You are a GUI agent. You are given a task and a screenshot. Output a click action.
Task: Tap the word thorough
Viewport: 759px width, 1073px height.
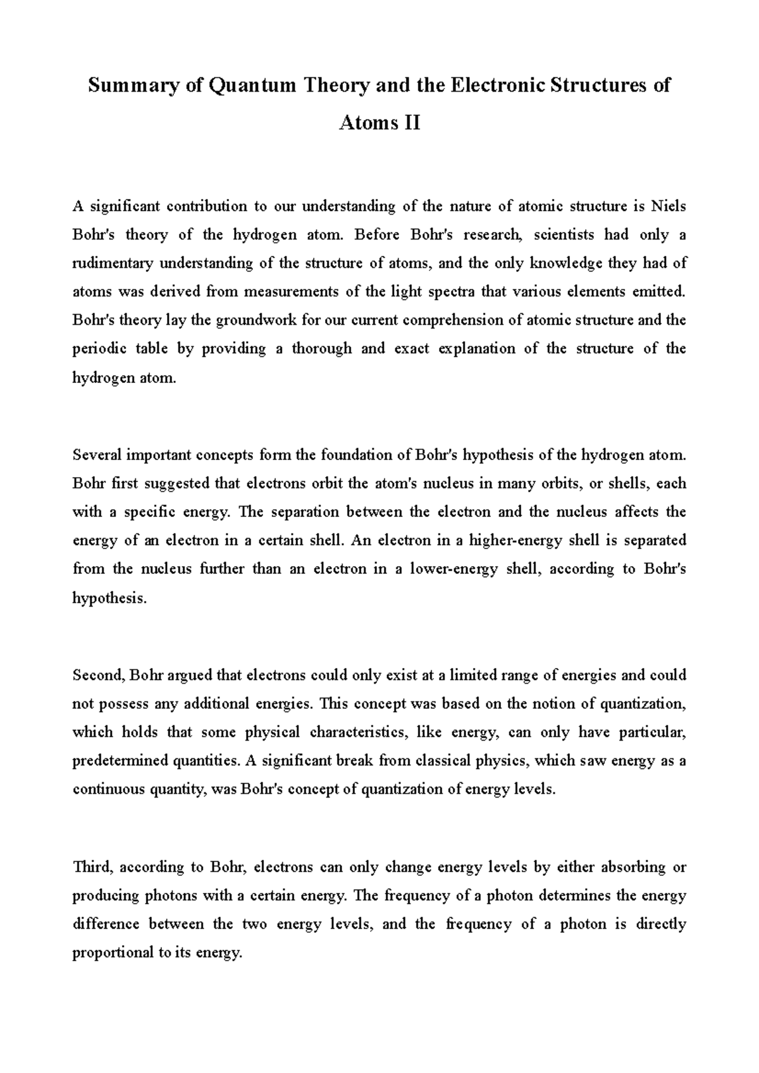pos(321,349)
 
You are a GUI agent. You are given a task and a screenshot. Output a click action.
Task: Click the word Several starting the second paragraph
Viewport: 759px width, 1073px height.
pos(97,455)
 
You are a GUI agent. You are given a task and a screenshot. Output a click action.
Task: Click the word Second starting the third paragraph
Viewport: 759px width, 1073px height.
pos(99,676)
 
